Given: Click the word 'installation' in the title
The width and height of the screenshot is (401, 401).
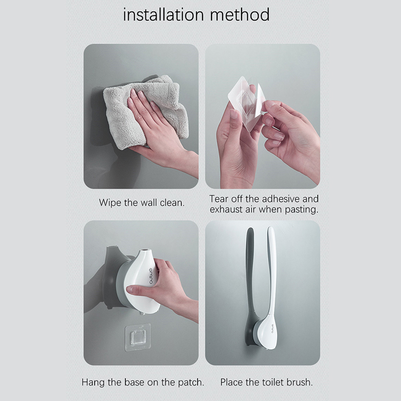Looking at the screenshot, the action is coord(163,15).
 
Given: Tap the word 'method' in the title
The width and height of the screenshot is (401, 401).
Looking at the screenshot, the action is coord(240,15).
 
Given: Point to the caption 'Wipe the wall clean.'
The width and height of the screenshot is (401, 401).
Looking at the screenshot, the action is coord(142,203).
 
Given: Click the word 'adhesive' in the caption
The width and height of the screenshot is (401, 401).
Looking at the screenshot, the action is coord(278,198).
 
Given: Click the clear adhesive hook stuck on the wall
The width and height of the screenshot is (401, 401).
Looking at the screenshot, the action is coord(137,336).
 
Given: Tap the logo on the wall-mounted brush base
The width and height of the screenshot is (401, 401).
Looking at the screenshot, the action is coord(271,328).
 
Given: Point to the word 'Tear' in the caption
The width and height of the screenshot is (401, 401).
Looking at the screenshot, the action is coord(218,198).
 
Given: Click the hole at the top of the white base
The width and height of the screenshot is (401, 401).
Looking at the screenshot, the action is coord(145,250).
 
